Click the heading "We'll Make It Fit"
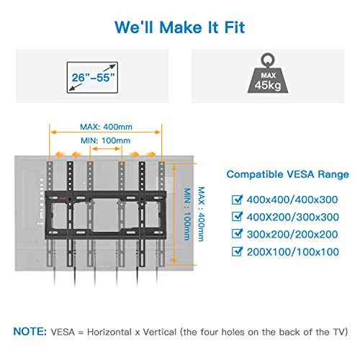coord(180,27)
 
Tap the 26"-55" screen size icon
coord(92,78)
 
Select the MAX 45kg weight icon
coord(268,73)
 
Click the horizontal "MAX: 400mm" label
coord(106,127)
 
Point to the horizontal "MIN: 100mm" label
coord(106,140)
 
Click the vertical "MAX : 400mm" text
coord(201,214)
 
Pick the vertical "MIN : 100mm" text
coord(187,214)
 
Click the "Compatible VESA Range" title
coord(287,174)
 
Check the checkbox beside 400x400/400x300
coord(237,199)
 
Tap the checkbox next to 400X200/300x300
coord(237,217)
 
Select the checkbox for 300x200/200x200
coord(237,234)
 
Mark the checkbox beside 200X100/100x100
coord(237,251)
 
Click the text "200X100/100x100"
coord(293,252)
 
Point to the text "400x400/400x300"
coord(292,199)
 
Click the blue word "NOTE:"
coord(30,331)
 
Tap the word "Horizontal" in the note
coord(109,332)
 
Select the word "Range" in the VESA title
coord(333,174)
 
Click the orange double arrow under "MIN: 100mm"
coord(106,149)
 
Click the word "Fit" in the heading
coord(235,27)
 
